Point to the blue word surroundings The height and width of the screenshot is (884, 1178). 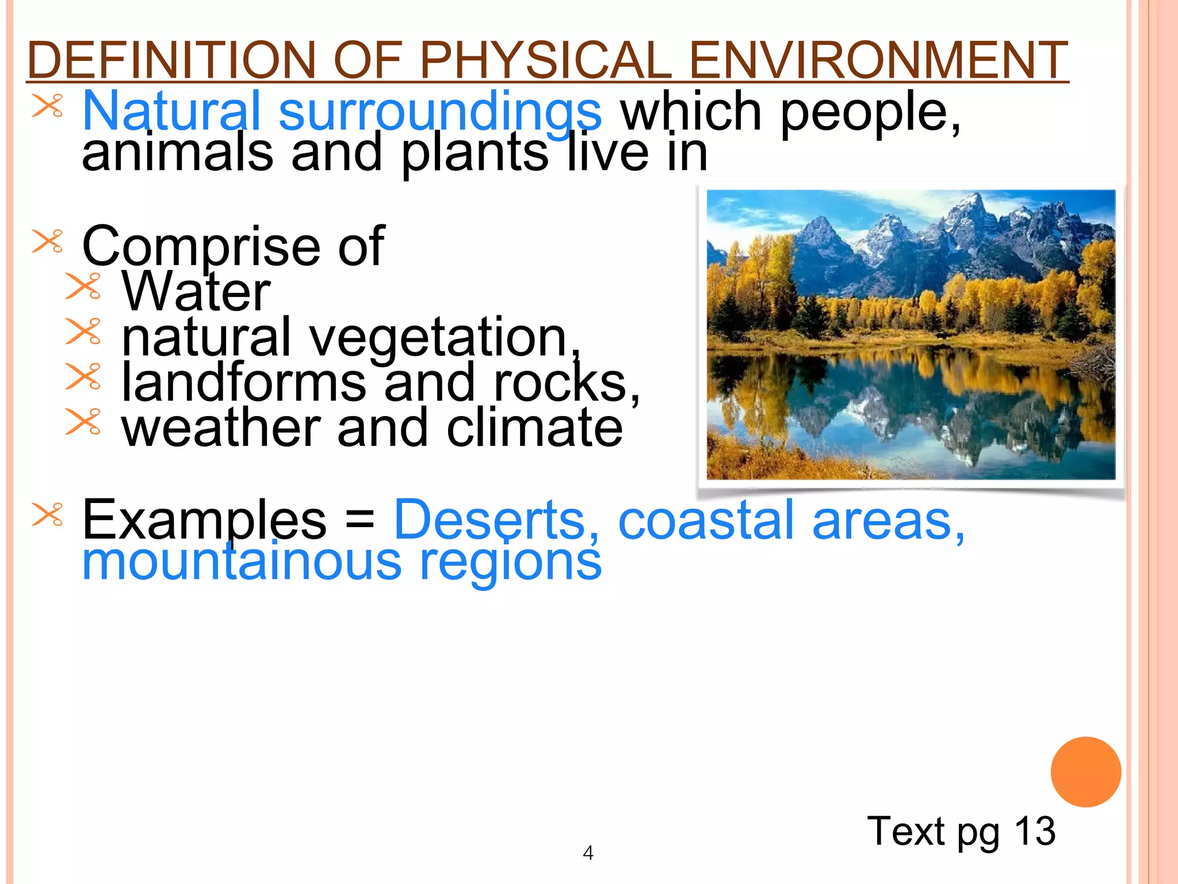[x=440, y=112]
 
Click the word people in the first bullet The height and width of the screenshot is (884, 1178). [x=870, y=113]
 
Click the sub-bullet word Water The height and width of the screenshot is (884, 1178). [x=196, y=292]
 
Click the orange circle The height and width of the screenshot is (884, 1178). [x=1085, y=772]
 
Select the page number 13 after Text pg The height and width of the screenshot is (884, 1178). [x=1035, y=831]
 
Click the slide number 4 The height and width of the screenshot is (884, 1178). [x=588, y=852]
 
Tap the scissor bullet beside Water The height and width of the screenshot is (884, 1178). [x=83, y=286]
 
